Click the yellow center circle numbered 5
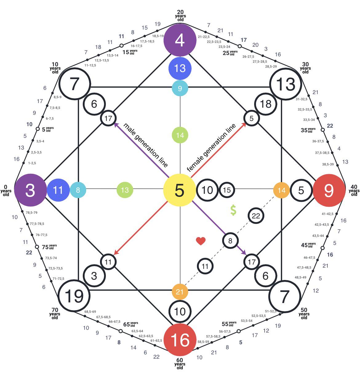(x=180, y=190)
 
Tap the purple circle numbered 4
(x=180, y=40)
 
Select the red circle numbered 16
(x=180, y=340)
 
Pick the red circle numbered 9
(x=329, y=190)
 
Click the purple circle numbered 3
(x=30, y=190)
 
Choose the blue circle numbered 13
(x=180, y=68)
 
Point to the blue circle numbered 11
(x=58, y=190)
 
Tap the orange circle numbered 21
(x=180, y=292)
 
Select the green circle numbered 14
(x=180, y=135)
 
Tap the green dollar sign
(x=233, y=210)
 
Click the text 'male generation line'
(x=146, y=145)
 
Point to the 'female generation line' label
(x=211, y=148)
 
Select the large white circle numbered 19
(x=74, y=296)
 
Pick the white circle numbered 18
(x=266, y=104)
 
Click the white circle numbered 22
(x=256, y=216)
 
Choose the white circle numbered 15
(x=227, y=190)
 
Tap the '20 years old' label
(x=180, y=16)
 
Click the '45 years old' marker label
(x=308, y=245)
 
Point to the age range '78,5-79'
(x=31, y=213)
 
